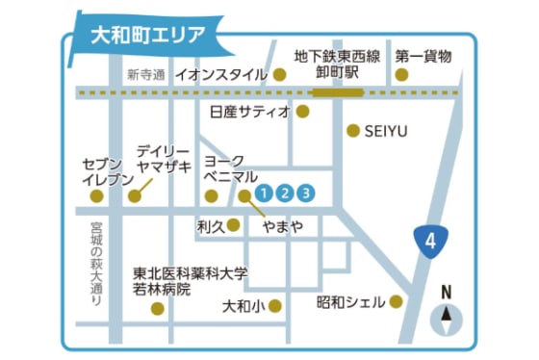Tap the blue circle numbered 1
coord(264,192)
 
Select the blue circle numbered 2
coord(284,192)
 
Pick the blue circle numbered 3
coord(305,192)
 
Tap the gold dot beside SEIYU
coord(353,130)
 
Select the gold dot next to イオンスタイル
coord(280,74)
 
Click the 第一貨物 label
coord(423,56)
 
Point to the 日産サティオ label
coord(249,112)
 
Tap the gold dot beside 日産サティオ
coord(302,112)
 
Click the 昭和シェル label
coord(350,302)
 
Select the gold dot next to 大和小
coord(276,306)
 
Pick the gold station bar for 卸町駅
coord(338,92)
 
